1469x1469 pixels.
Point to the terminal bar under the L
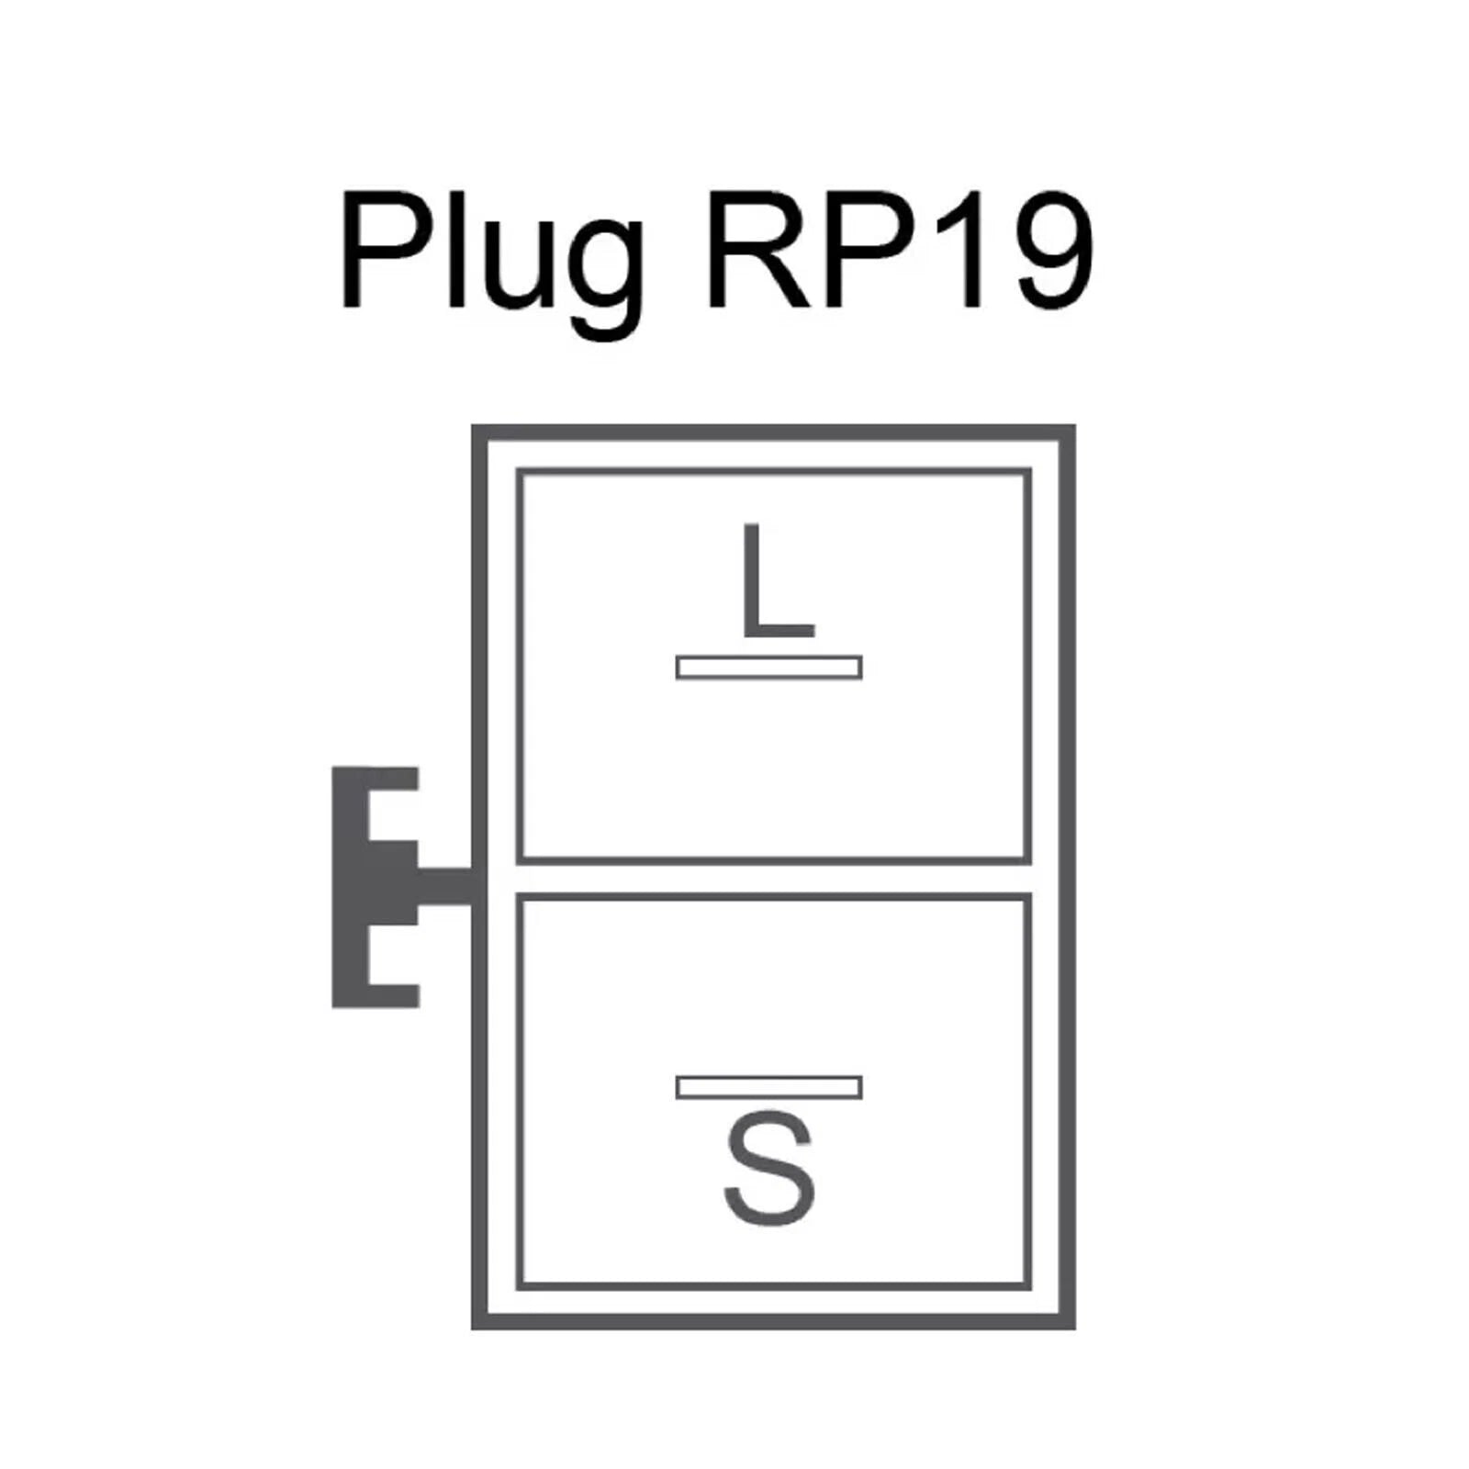tap(769, 667)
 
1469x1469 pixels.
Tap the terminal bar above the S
tap(769, 1087)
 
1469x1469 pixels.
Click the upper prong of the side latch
tap(390, 779)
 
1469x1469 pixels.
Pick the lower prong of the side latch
tap(390, 995)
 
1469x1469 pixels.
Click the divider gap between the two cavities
tap(773, 880)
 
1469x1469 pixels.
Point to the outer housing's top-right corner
tap(1067, 432)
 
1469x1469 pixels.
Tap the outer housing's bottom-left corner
tap(479, 1321)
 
